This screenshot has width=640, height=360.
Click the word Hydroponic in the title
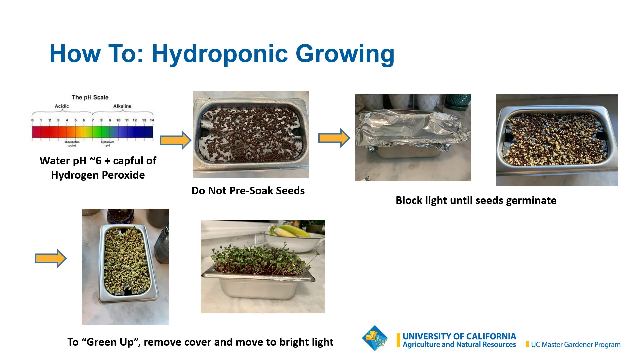coord(220,54)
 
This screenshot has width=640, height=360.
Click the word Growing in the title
coord(345,54)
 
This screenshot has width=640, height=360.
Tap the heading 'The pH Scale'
coord(90,97)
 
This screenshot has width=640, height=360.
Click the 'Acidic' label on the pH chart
coord(62,106)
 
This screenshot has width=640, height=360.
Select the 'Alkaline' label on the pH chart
coord(122,106)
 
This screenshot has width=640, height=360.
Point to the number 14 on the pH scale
coord(152,120)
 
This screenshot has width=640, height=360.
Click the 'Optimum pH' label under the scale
coord(107,143)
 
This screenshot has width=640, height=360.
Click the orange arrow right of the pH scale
coord(175,140)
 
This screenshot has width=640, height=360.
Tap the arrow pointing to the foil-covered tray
coord(334,138)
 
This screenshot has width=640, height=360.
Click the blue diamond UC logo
coord(375,338)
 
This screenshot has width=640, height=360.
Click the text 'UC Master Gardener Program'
coord(575,345)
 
